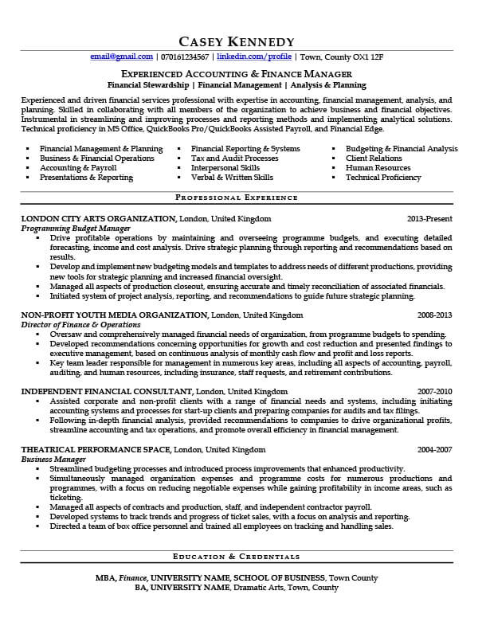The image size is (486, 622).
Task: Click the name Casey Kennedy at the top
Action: click(x=237, y=41)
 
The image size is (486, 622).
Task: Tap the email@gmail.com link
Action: click(x=121, y=57)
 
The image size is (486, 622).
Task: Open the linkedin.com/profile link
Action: click(x=254, y=57)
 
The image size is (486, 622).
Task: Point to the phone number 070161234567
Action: click(x=185, y=57)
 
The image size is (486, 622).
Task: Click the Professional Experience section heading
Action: click(x=237, y=196)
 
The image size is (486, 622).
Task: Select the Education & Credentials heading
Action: click(x=237, y=556)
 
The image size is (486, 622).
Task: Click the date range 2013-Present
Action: click(x=429, y=218)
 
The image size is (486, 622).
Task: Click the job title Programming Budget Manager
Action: click(x=76, y=228)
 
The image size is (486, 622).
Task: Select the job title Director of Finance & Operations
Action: click(x=81, y=324)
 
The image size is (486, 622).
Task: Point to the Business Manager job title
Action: click(x=53, y=459)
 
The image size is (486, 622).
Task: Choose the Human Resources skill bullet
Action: click(x=378, y=168)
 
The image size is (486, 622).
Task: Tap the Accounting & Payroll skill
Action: click(x=78, y=168)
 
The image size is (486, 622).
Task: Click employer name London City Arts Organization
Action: click(x=98, y=218)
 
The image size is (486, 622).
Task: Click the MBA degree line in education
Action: click(x=237, y=577)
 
